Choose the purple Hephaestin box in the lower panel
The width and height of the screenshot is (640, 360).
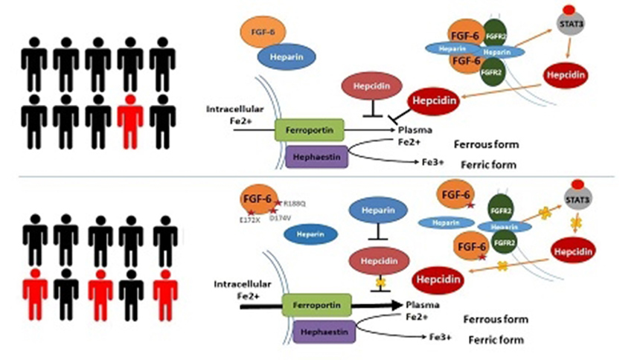click(x=317, y=333)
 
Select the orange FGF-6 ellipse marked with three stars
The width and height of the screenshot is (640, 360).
click(x=257, y=202)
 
